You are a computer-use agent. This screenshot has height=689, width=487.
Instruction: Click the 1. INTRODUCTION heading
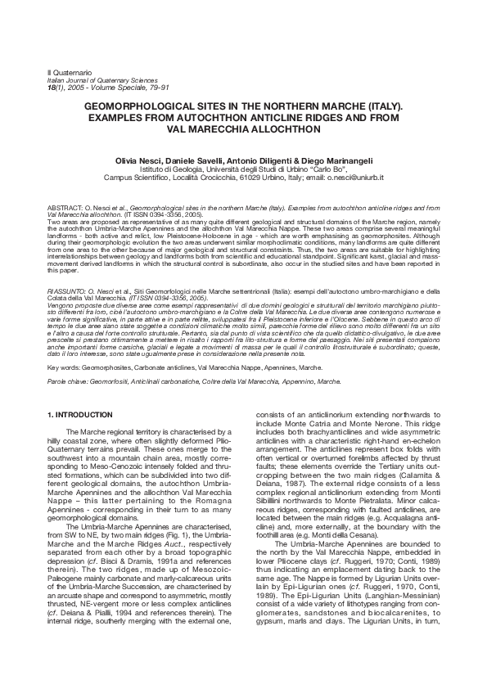79,415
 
